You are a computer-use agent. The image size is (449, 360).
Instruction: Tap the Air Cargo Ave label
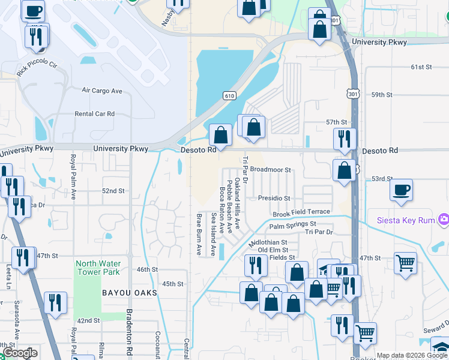pos(102,91)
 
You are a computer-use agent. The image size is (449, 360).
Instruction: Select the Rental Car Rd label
pos(94,113)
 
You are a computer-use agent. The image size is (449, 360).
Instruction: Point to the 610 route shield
pos(229,95)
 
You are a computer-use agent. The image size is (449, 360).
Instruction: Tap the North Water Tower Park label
pos(98,268)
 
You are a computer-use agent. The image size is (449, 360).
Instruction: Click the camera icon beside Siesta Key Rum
pos(443,220)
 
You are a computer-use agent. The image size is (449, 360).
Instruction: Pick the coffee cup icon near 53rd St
pos(402,190)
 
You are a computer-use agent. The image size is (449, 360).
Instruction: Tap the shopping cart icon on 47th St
pos(405,262)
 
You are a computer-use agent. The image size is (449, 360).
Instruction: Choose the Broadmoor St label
pos(270,170)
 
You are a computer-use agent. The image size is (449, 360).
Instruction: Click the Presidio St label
pos(274,198)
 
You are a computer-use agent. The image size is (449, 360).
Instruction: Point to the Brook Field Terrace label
pos(301,212)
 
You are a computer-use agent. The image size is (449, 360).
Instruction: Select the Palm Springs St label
pos(292,225)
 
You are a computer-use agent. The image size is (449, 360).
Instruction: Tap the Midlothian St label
pos(268,242)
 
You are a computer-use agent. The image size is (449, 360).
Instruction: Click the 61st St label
pos(421,67)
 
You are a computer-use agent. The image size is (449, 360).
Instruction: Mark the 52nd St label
pos(113,191)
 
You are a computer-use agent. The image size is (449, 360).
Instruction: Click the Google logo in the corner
pos(20,353)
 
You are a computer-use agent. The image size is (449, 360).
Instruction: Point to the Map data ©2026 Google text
pos(412,356)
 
